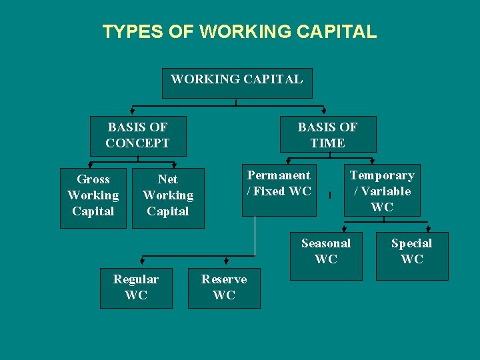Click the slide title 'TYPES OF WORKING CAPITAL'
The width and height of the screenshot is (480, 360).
click(239, 31)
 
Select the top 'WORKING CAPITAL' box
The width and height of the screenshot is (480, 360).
click(237, 83)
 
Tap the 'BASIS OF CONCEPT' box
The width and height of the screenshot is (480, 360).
click(137, 135)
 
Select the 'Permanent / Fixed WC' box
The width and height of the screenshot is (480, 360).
click(279, 190)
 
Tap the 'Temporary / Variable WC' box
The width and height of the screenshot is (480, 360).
click(382, 190)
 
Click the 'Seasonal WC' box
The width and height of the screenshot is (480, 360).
click(326, 255)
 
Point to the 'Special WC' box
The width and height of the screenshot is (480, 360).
click(412, 255)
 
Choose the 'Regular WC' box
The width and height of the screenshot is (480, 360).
click(136, 288)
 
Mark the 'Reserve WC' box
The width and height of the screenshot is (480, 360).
click(224, 288)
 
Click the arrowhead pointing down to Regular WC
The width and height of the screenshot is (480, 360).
click(142, 264)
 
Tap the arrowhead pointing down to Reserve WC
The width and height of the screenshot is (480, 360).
click(227, 264)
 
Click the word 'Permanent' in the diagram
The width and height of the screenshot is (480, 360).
click(279, 175)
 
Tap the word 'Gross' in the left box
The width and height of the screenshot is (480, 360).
click(93, 179)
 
